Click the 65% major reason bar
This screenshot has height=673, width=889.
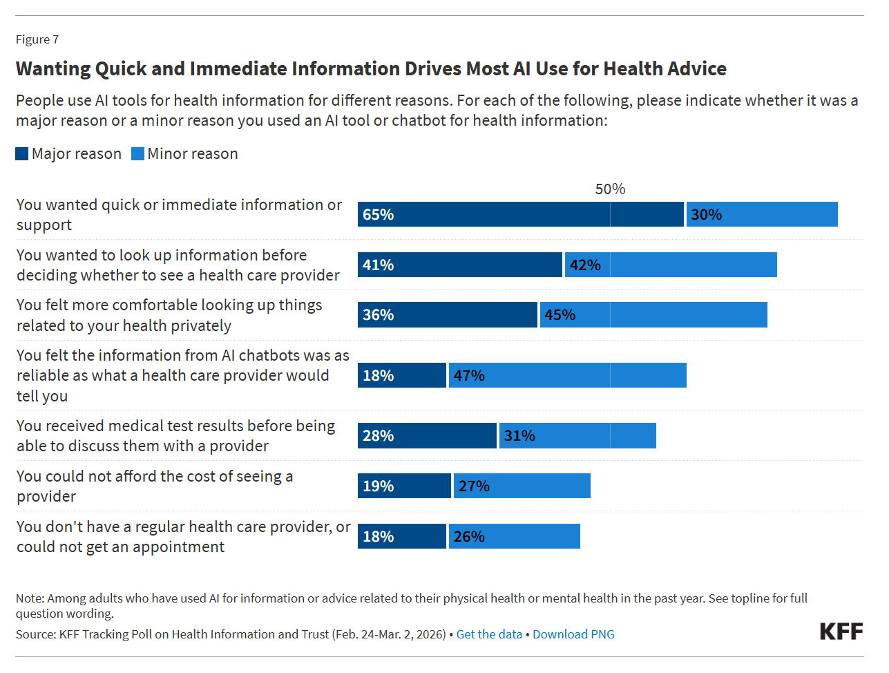point(520,214)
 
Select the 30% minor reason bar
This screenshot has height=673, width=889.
point(762,214)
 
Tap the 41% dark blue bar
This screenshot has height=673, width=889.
point(459,265)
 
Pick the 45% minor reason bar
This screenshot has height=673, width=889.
point(653,315)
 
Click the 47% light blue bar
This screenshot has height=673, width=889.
point(568,375)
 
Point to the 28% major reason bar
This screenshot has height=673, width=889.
point(427,436)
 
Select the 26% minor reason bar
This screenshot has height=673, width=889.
point(515,536)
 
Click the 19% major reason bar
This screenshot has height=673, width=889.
point(404,486)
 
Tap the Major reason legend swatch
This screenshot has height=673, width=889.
point(22,153)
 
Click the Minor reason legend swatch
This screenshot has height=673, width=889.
point(138,153)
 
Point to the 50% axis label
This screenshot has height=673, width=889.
point(610,189)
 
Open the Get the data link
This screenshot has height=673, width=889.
point(489,634)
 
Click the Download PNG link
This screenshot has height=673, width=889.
point(573,634)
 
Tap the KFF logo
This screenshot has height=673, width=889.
point(841,632)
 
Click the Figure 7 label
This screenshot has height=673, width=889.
point(37,39)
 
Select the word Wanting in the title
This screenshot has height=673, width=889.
point(53,69)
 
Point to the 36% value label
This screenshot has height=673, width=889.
point(379,315)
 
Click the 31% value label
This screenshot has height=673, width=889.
point(519,436)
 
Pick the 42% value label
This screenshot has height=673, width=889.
point(585,265)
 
